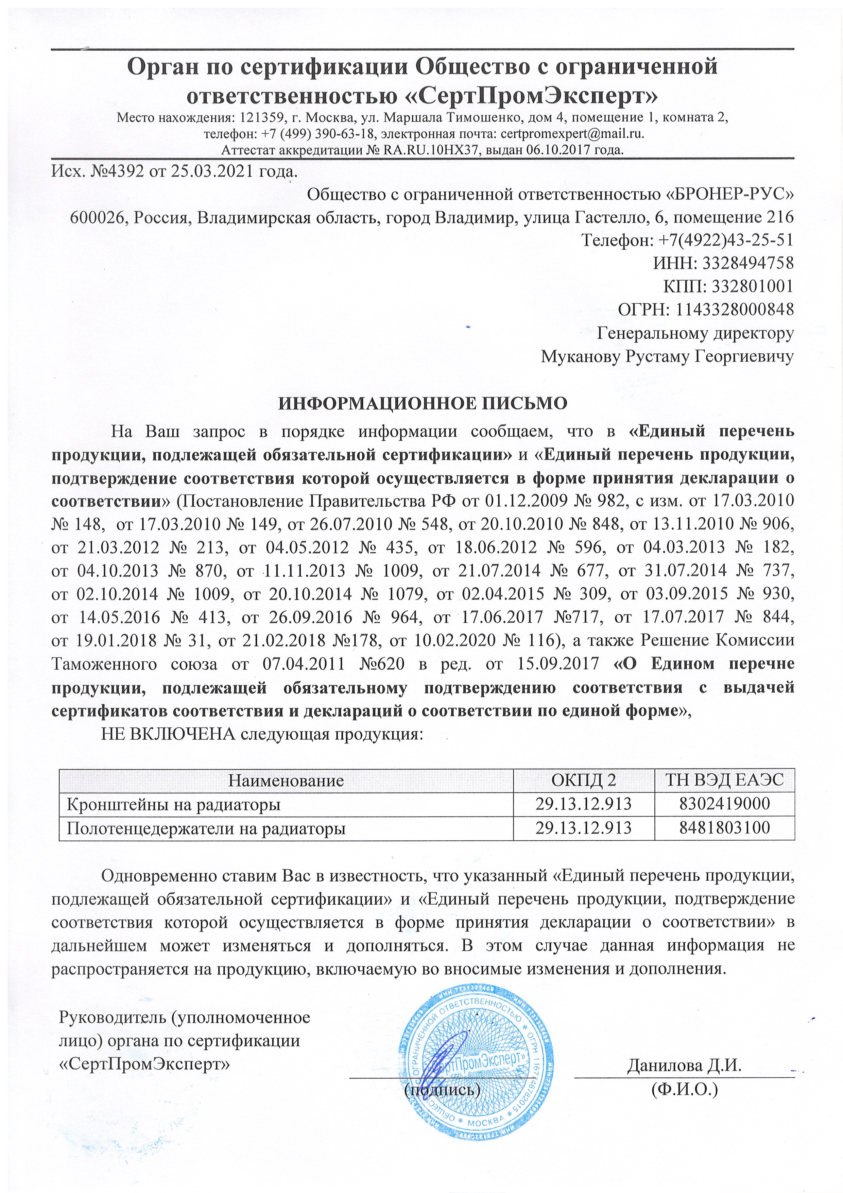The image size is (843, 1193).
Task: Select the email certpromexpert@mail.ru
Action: pos(571,134)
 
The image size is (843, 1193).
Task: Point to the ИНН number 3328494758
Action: pos(748,263)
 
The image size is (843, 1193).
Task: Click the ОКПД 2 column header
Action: pos(583,781)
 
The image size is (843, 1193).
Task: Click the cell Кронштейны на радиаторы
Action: pos(173,805)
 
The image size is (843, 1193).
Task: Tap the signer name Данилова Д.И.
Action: pos(684,1066)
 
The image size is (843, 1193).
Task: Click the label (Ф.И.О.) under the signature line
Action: pos(684,1090)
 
